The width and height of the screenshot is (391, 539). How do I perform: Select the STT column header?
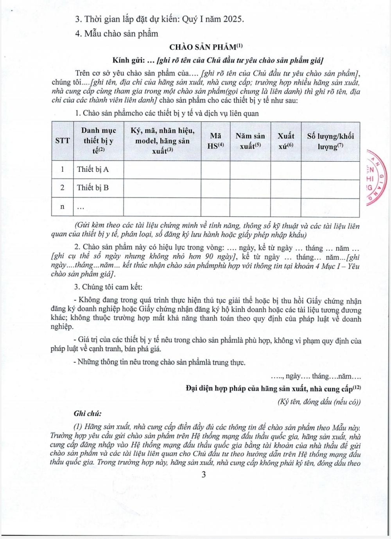(63, 141)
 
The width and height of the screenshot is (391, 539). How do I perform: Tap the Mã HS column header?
(215, 141)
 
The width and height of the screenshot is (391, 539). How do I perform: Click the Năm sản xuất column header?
(250, 141)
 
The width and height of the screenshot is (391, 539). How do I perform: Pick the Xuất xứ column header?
(286, 141)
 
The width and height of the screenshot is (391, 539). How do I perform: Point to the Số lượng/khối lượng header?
(330, 141)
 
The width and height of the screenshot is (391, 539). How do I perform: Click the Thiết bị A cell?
(93, 170)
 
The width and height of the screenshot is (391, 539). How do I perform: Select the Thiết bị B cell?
(93, 188)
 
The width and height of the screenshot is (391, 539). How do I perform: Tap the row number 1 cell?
(63, 170)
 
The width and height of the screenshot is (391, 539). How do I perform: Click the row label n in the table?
(63, 207)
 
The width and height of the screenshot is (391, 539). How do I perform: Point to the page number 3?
(203, 475)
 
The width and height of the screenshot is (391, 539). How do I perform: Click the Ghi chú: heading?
(88, 414)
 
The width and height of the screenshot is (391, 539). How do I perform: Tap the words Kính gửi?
(129, 61)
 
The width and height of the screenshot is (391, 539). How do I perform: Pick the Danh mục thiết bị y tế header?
(99, 141)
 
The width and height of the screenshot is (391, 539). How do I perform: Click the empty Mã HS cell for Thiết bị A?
(215, 170)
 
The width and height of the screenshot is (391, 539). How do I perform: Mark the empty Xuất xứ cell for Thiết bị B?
(286, 188)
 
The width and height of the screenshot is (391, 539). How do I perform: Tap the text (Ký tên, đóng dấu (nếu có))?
(319, 402)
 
